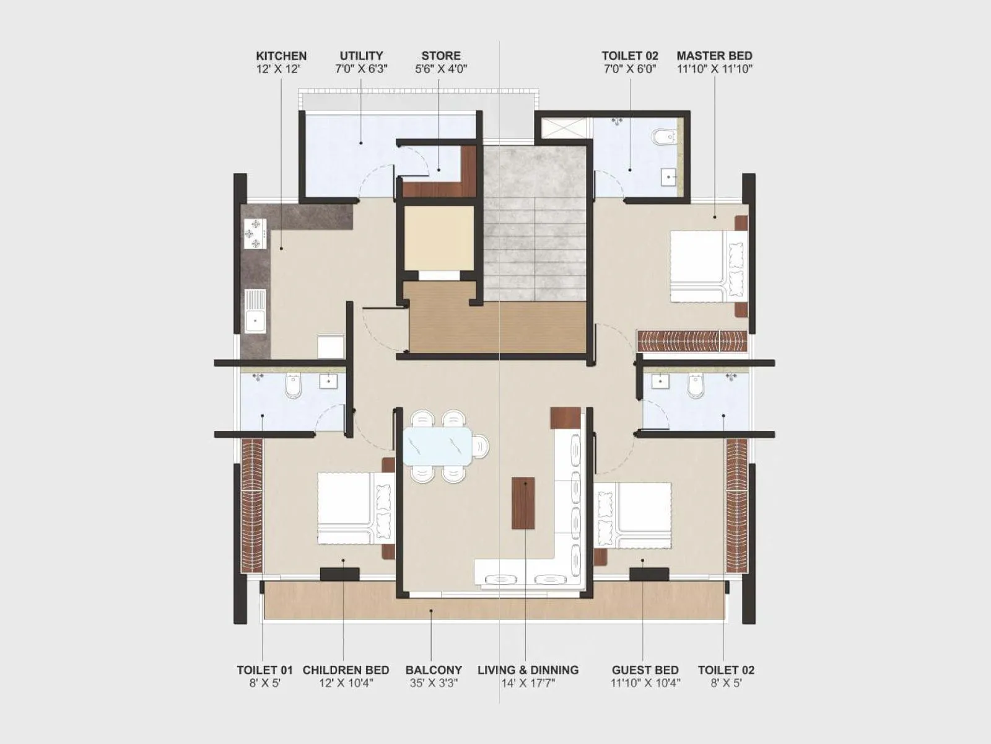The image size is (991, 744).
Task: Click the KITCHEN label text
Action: pyautogui.click(x=281, y=56)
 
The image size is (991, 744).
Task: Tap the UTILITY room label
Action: pyautogui.click(x=361, y=56)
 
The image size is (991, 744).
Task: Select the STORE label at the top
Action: pyautogui.click(x=441, y=56)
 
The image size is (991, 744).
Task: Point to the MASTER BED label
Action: pyautogui.click(x=714, y=56)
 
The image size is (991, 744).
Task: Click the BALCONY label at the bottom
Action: pyautogui.click(x=434, y=670)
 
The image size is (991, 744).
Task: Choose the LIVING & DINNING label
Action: pyautogui.click(x=528, y=670)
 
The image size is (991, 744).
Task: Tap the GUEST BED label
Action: pyautogui.click(x=645, y=670)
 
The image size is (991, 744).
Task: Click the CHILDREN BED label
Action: pyautogui.click(x=346, y=670)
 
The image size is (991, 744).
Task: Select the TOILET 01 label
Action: pyautogui.click(x=264, y=670)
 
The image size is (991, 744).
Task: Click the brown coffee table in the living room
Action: pyautogui.click(x=523, y=503)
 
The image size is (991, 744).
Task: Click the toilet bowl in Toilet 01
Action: pyautogui.click(x=292, y=387)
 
